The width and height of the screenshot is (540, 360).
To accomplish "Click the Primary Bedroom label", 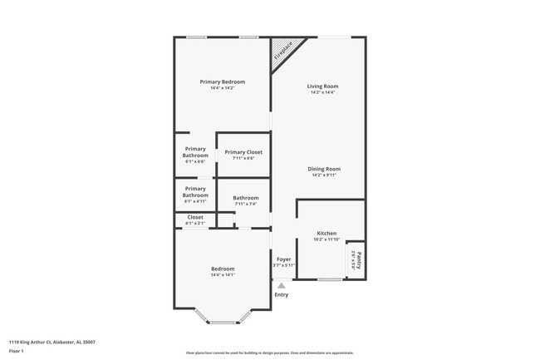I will coord(223,81).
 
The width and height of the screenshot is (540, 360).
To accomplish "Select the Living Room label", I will coord(322,86).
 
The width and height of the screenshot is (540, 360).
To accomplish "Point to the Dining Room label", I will coord(324,169).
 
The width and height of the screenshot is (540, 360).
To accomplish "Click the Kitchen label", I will coord(326,234).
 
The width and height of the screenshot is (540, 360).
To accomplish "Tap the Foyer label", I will coord(283,259).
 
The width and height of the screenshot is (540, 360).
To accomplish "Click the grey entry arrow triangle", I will coord(281,286).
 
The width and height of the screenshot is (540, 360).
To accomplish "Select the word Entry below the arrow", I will coord(282,294).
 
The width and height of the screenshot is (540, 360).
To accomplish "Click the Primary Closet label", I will coord(243,152).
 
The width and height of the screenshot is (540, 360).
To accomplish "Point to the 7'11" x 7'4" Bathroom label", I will coord(246,198).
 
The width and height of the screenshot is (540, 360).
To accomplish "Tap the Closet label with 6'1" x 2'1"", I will coord(195,217).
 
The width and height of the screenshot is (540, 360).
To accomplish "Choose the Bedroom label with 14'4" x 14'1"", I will coord(223,269).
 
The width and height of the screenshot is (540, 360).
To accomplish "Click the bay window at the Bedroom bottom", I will coord(223,321).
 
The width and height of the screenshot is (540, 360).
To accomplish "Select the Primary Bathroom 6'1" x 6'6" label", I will coord(195,152).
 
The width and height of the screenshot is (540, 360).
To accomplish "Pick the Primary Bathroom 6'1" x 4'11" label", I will coord(195,192).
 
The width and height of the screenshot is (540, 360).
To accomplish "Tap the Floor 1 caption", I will coord(17,352).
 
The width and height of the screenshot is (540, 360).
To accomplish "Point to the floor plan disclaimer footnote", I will coord(270,353).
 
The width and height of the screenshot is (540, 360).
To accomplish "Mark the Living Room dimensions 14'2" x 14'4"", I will coord(322,92).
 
